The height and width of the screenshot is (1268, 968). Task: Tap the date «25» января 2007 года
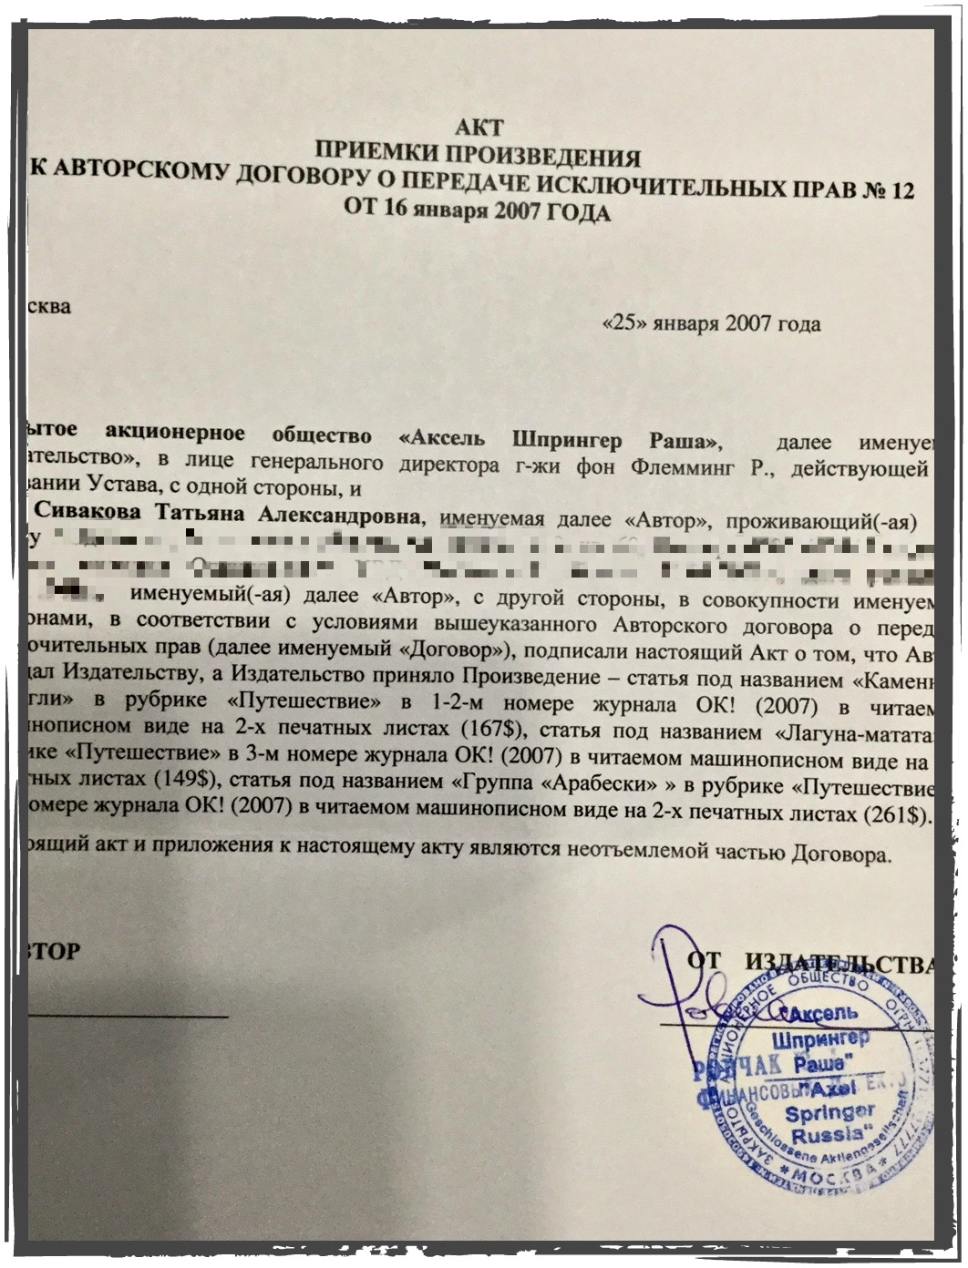click(x=712, y=323)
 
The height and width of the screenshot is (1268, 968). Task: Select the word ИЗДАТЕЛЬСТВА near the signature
click(x=839, y=966)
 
